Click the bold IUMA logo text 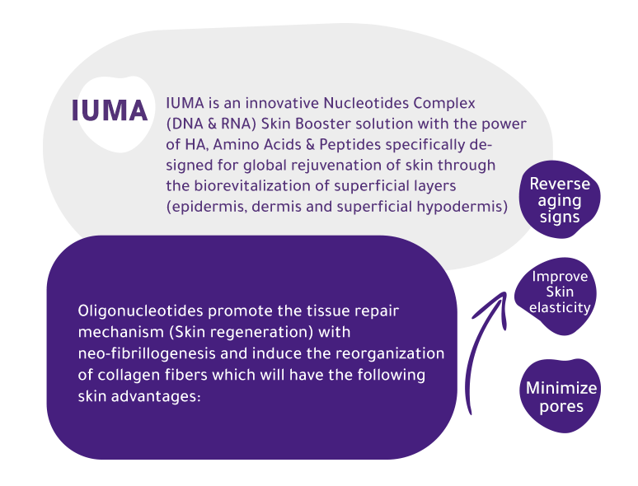110,110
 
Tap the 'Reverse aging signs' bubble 560,200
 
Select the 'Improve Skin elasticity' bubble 560,292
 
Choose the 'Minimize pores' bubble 561,396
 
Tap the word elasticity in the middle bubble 560,308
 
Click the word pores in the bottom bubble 561,407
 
